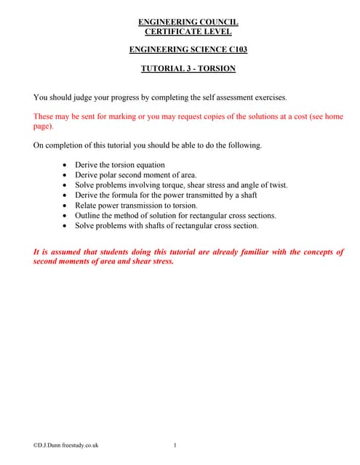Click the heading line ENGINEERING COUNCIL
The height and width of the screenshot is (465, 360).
pos(188,22)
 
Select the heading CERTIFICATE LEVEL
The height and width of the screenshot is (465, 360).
pos(188,31)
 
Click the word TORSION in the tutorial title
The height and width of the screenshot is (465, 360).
pos(216,69)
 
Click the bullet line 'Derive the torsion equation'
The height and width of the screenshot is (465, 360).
pos(120,165)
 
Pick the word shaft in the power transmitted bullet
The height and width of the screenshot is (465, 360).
pos(249,195)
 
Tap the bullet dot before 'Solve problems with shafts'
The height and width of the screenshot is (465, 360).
pos(66,226)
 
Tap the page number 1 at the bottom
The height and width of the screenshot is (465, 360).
pos(175,445)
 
